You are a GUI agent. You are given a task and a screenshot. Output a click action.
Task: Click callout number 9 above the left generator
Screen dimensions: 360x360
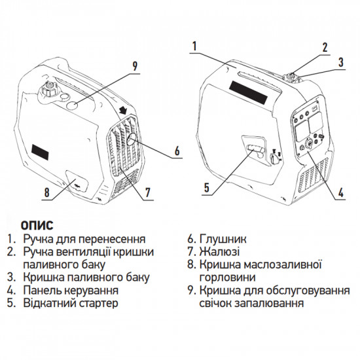(x=134, y=65)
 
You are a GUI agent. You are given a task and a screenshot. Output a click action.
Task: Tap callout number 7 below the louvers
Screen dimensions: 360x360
(x=148, y=192)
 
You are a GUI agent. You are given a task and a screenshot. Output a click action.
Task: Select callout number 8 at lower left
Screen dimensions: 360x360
(x=46, y=193)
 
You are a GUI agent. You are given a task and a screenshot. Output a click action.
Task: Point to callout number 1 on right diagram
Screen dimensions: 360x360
(x=194, y=46)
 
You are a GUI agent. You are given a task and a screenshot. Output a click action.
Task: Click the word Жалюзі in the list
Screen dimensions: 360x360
(x=222, y=251)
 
